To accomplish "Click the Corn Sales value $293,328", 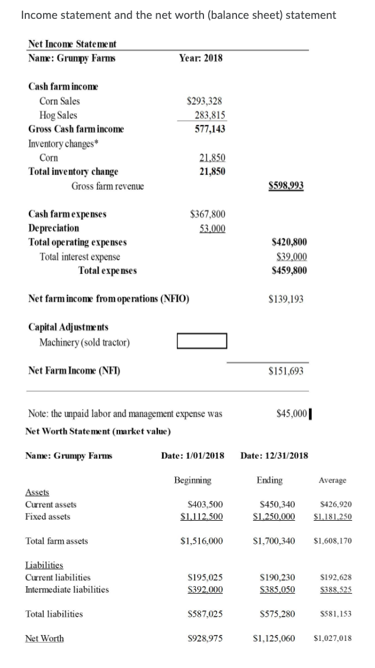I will pyautogui.click(x=204, y=101).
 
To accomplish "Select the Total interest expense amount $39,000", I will pyautogui.click(x=291, y=257).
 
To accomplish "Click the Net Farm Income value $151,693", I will pyautogui.click(x=286, y=371).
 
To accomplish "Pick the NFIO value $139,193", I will pyautogui.click(x=286, y=299).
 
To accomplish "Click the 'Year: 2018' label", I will pyautogui.click(x=200, y=58).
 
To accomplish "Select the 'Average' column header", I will pyautogui.click(x=333, y=481).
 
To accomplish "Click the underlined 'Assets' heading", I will pyautogui.click(x=37, y=492).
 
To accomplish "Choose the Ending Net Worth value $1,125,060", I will pyautogui.click(x=274, y=639).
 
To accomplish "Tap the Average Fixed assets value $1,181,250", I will pyautogui.click(x=333, y=517).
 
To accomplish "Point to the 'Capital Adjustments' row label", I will pyautogui.click(x=68, y=327).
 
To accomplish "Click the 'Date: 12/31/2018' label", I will pyautogui.click(x=274, y=455).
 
